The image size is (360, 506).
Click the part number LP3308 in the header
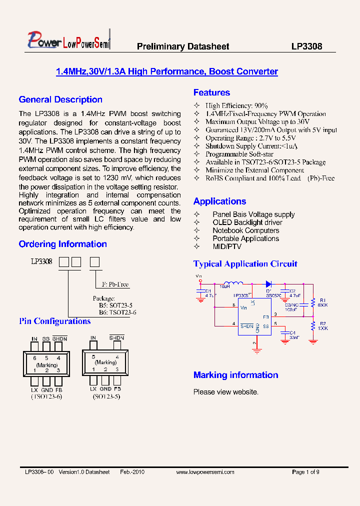306,46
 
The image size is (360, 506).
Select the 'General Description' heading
60,99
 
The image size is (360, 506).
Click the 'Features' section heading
211,92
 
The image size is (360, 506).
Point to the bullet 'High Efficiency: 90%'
236,106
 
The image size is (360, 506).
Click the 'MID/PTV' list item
226,246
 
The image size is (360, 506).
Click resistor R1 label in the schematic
322,300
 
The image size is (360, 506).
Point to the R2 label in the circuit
322,323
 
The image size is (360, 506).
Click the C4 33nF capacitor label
292,332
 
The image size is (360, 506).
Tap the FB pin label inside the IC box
265,316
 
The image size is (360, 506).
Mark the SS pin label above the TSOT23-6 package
46,339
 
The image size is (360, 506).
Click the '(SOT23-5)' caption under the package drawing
106,396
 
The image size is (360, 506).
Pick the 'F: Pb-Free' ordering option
115,284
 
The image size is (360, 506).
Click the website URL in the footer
205,472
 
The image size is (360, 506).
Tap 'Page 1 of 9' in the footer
305,472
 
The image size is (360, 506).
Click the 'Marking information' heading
235,375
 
